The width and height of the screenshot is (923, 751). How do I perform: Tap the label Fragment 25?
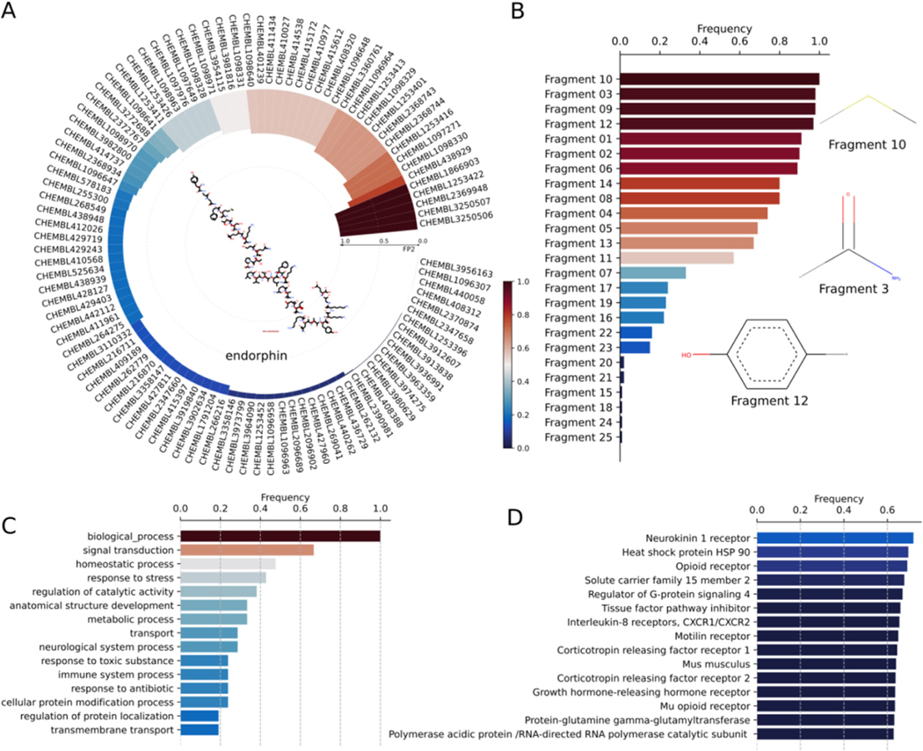pyautogui.click(x=578, y=437)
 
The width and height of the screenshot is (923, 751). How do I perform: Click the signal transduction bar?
pyautogui.click(x=247, y=550)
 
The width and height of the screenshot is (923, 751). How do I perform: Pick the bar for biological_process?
pyautogui.click(x=280, y=536)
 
